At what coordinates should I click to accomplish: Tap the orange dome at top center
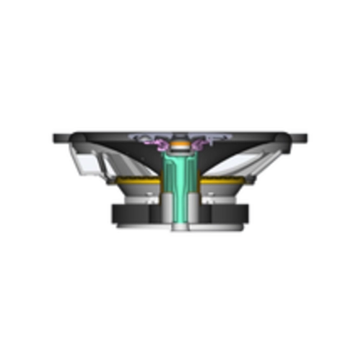180,146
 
